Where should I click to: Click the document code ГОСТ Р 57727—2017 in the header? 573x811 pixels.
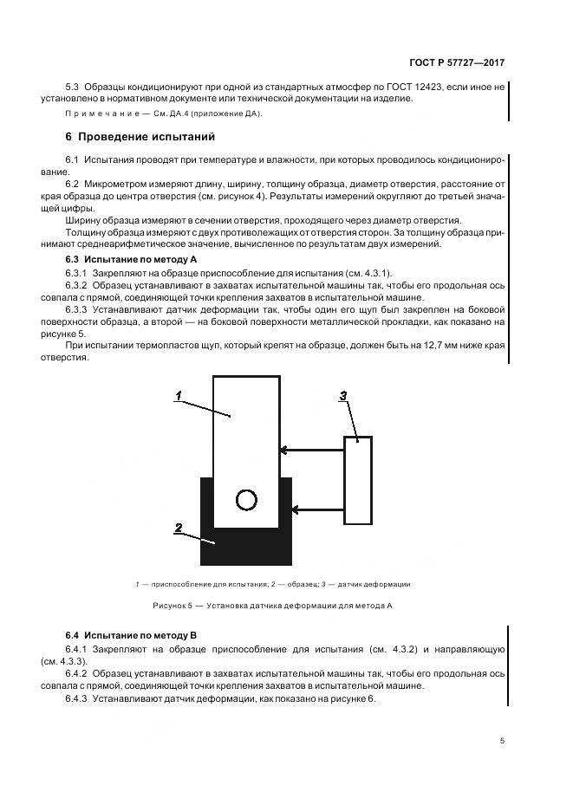[458, 63]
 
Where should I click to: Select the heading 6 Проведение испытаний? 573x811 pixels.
[140, 137]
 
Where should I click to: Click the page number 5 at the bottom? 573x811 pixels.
[502, 741]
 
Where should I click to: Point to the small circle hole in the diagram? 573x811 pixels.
[246, 499]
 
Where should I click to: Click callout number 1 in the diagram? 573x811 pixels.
[177, 395]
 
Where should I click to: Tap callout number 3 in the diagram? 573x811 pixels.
[342, 396]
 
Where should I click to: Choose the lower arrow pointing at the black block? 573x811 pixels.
[317, 509]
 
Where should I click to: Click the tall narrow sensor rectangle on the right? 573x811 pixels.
[358, 480]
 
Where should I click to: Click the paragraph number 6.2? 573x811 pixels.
[72, 185]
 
